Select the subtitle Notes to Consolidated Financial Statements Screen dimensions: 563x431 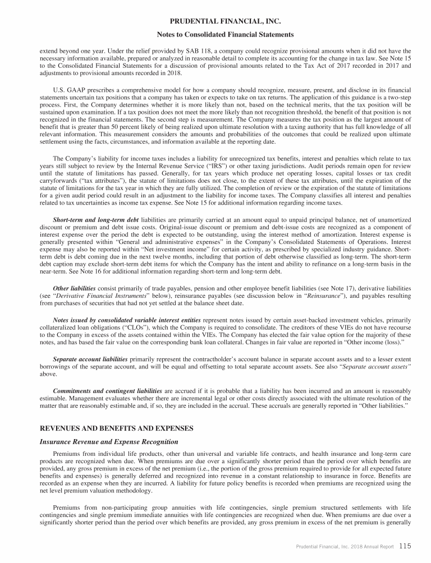pyautogui.click(x=215, y=34)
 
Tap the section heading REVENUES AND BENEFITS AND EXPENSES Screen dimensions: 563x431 pyautogui.click(x=116, y=428)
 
